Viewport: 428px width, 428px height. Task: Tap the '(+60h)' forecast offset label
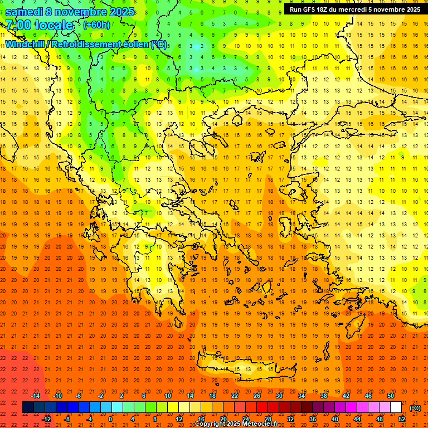coord(96,25)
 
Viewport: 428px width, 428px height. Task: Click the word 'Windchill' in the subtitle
coord(27,45)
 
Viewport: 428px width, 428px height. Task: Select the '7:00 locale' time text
coord(39,25)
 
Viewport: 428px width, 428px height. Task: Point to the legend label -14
coord(35,395)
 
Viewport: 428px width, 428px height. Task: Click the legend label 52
coord(402,419)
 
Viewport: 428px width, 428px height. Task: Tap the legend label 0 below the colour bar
coord(110,419)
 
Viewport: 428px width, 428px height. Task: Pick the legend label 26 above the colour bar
coord(257,395)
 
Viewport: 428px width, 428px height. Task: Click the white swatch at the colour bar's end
coord(396,407)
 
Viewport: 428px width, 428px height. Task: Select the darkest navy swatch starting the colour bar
coord(28,407)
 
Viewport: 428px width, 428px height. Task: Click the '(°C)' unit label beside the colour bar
coord(415,407)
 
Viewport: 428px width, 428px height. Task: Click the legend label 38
coord(323,395)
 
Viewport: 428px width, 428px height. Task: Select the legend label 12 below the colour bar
coord(179,419)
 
